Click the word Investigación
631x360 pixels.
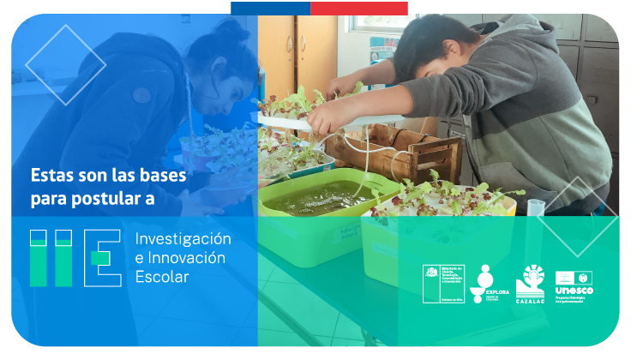pos(183,238)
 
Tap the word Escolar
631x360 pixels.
pos(161,277)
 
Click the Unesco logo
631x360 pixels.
pos(574,285)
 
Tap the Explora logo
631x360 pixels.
pos(486,284)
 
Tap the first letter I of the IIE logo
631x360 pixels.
pos(39,257)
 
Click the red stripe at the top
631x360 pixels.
pos(358,8)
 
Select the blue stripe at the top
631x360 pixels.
pos(270,8)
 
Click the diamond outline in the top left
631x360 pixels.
pos(65,65)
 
